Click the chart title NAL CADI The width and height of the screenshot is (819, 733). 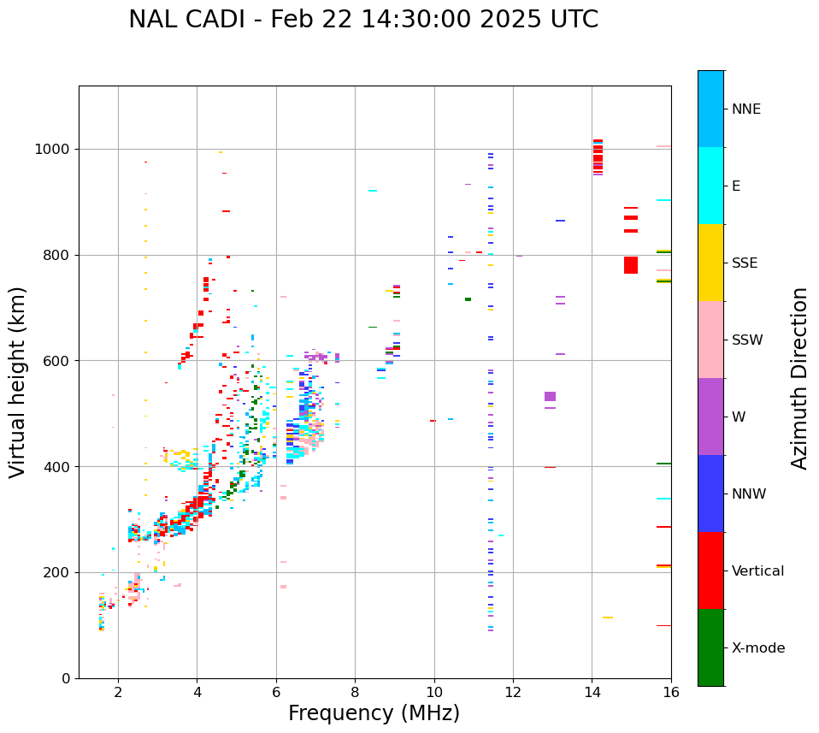363,20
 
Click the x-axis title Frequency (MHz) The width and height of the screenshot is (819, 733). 374,713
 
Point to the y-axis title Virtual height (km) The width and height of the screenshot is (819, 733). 18,381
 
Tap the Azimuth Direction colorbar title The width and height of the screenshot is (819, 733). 799,378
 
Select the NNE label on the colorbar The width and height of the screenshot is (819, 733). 745,109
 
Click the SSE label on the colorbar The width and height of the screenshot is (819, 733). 744,263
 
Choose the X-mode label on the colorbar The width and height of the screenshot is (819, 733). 757,648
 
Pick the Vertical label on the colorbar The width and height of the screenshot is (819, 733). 759,571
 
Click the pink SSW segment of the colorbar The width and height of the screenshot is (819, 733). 710,340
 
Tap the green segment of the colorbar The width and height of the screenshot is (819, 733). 710,647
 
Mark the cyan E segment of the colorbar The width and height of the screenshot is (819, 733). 710,186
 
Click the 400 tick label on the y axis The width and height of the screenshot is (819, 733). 60,467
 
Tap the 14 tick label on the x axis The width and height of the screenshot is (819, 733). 592,692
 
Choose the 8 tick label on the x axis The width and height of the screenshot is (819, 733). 355,692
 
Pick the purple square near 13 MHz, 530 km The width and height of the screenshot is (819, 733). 550,397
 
